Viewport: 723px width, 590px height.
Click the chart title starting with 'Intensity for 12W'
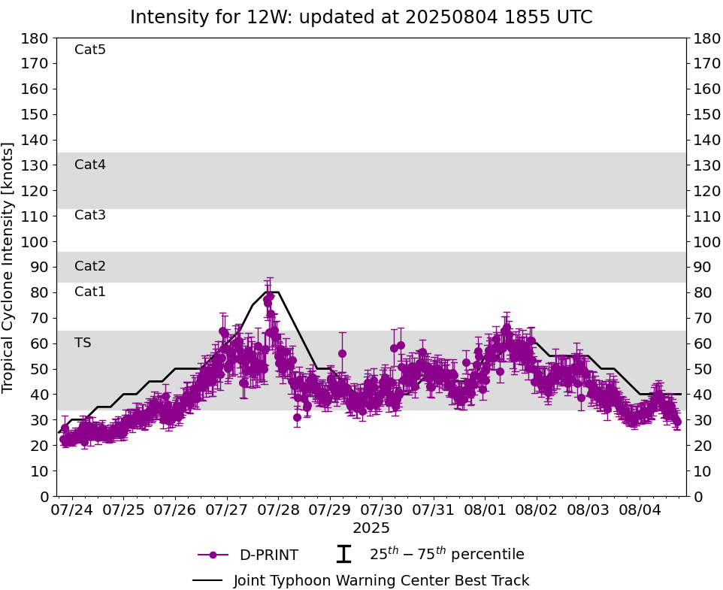361,17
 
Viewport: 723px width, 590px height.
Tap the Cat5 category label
90,50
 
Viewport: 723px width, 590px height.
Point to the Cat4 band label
90,165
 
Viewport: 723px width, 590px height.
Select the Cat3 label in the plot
90,215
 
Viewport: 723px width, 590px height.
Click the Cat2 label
90,266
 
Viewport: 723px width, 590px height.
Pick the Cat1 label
90,292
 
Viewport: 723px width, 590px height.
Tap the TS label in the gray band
83,343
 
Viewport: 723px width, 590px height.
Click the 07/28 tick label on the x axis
278,510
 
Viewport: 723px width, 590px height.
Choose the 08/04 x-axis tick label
640,510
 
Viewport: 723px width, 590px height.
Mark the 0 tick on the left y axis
45,496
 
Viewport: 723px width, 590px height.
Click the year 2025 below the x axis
371,528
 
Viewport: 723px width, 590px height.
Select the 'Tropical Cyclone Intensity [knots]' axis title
9,267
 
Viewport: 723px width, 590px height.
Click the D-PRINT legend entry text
268,555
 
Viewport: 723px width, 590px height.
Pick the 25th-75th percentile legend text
446,555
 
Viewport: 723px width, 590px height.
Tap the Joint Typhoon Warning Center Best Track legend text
381,580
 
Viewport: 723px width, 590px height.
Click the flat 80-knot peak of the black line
272,292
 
